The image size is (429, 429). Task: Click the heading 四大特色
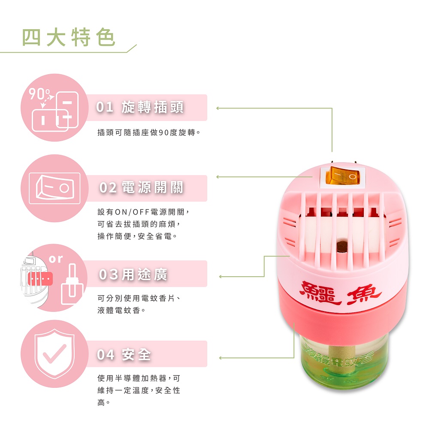(68, 37)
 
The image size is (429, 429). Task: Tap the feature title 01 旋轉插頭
(140, 107)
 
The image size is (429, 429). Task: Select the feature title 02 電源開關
(141, 188)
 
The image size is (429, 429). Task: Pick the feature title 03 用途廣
(133, 275)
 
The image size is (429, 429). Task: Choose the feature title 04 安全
(124, 355)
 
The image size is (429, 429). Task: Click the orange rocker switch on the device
(343, 175)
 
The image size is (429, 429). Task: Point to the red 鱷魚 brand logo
(340, 294)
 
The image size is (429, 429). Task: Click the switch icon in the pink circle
(54, 188)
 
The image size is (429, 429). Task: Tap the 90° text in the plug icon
(39, 94)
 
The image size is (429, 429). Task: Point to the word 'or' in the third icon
(56, 259)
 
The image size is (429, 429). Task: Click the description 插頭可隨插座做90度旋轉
(149, 133)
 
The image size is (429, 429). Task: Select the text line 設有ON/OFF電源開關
(143, 212)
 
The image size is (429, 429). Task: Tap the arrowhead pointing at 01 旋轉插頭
(218, 109)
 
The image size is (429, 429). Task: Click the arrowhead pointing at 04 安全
(221, 358)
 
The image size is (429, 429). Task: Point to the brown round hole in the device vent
(341, 246)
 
